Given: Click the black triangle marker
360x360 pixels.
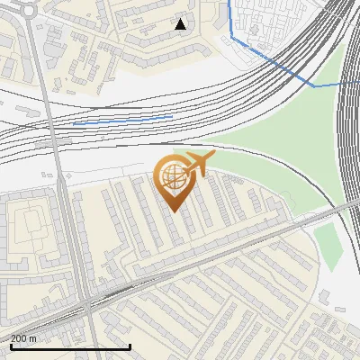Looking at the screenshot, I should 181,24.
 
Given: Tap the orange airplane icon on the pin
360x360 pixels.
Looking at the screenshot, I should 197,165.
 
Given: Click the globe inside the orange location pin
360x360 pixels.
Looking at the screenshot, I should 172,177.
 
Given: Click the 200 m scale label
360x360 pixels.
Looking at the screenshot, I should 24,338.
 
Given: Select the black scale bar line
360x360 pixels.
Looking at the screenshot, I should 70,346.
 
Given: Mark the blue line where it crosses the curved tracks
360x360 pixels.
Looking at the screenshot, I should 310,84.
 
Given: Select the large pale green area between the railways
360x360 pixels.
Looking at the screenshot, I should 270,144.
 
